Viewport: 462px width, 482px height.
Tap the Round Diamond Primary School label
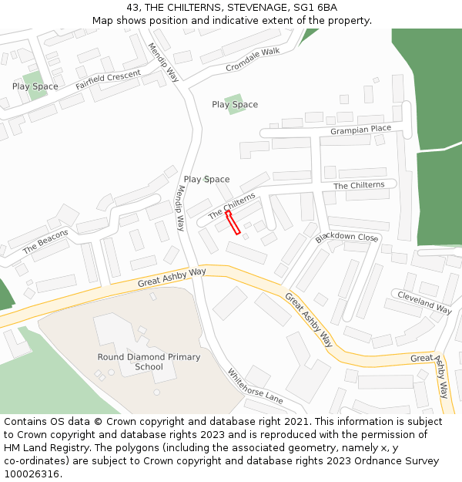149,362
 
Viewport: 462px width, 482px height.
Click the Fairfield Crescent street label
109,79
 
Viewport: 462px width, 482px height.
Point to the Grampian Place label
360,130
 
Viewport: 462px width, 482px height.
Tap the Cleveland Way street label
423,302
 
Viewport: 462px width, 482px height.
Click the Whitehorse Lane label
255,386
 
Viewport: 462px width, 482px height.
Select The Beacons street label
45,241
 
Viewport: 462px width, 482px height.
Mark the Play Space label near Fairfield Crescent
35,86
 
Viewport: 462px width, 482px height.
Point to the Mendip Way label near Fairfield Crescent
164,62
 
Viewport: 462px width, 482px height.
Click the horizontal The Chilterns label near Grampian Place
359,186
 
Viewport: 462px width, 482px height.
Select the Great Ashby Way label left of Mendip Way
172,278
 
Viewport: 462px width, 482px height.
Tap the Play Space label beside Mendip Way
206,180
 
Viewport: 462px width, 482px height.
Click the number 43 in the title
132,8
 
